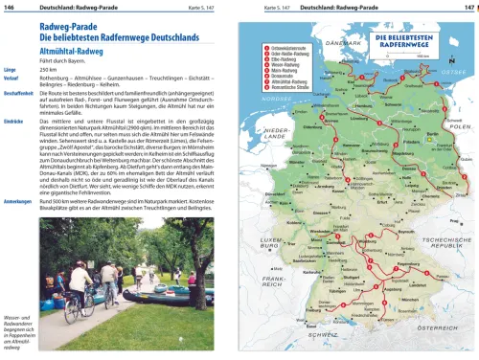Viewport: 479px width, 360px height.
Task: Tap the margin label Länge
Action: (11, 70)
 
